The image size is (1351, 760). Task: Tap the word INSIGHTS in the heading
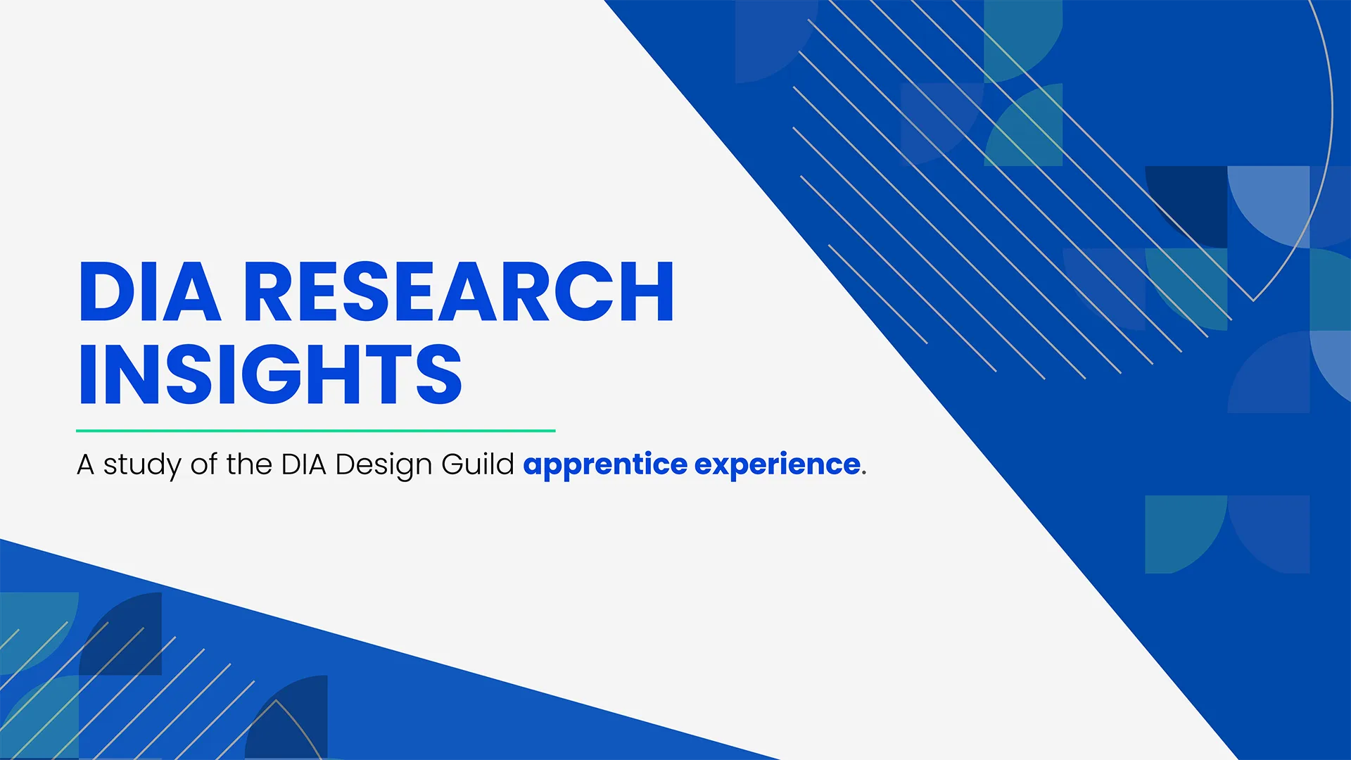[x=270, y=374]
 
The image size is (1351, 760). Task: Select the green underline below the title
[x=315, y=430]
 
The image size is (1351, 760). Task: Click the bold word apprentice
[x=605, y=465]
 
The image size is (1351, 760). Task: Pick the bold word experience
[x=777, y=465]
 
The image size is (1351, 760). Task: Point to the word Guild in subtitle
[x=478, y=464]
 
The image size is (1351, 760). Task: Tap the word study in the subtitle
[x=142, y=465]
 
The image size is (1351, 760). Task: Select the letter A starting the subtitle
[x=85, y=464]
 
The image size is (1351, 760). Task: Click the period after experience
[x=864, y=473]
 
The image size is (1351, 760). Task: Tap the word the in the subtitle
[x=249, y=464]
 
